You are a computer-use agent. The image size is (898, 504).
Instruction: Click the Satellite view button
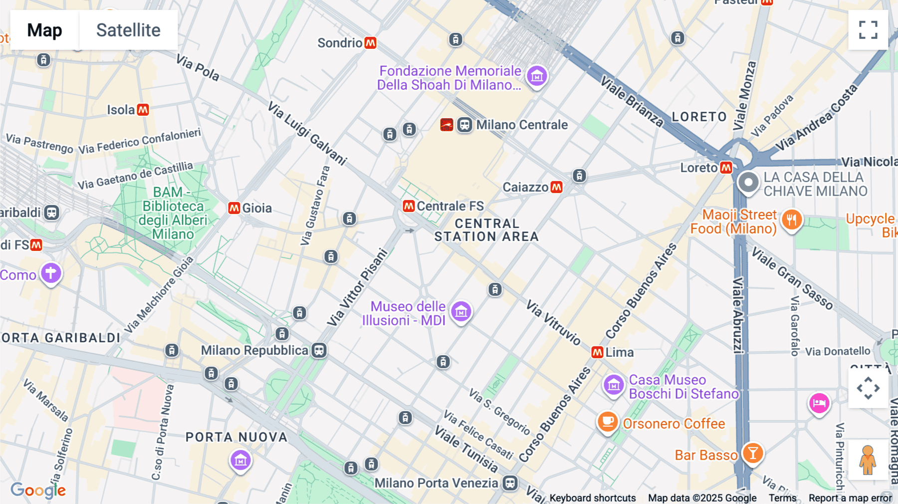coord(128,30)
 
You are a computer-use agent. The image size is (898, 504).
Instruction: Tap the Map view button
coord(44,30)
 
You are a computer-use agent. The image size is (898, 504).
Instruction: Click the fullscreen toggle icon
coord(868,30)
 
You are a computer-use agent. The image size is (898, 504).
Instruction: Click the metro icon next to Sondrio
coord(370,43)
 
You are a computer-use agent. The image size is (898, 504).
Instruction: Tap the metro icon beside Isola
coord(143,110)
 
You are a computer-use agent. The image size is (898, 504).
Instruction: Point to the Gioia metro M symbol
coord(234,208)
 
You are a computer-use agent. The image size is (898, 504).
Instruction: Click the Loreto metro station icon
coord(726,168)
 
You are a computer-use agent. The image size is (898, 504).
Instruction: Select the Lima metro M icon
coord(597,352)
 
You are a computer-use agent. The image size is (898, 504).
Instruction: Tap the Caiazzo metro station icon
coord(557,187)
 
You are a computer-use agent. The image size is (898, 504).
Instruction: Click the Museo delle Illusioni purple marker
coord(461,311)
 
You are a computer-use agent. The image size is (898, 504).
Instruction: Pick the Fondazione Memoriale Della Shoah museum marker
coord(537,76)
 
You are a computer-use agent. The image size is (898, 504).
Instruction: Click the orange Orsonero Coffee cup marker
coord(608,422)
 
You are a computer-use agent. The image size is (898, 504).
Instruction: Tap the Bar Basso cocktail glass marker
coord(753,453)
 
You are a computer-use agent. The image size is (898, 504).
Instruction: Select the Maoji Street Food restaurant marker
coord(792,220)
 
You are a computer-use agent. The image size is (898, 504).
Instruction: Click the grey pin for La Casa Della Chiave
coord(748,182)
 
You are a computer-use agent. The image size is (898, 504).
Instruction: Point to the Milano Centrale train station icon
coord(464,125)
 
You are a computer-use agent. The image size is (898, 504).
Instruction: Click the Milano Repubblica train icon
coord(319,350)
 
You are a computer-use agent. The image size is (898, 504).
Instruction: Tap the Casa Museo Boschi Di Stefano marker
coord(614,385)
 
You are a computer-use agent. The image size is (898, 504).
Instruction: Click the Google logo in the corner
coord(38,490)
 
